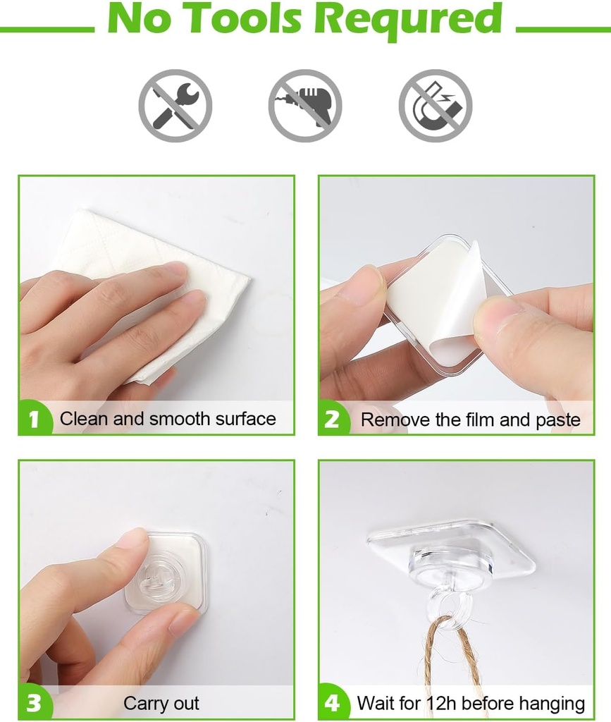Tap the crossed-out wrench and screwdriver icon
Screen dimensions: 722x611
(x=175, y=106)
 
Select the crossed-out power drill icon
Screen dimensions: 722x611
(x=305, y=106)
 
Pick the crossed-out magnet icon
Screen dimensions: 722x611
(x=436, y=106)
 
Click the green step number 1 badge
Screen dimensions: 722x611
(x=34, y=420)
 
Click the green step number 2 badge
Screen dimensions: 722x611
(x=333, y=420)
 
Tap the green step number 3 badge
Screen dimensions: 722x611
(x=34, y=703)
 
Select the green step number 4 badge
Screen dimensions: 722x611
(x=333, y=703)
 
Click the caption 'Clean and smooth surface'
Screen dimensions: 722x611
(x=168, y=419)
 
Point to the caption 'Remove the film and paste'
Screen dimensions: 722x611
(x=470, y=420)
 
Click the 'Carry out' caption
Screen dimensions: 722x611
(x=161, y=703)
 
